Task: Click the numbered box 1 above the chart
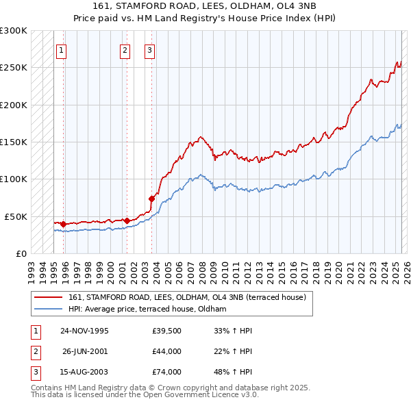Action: [62, 49]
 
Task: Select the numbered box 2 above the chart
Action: [125, 49]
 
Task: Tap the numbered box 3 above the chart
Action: [149, 49]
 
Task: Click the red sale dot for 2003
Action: [151, 199]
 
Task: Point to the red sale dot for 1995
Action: [63, 224]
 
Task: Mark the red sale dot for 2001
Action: [127, 220]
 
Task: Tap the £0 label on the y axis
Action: [21, 253]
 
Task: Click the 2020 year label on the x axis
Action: [336, 267]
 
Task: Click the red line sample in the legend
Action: [49, 297]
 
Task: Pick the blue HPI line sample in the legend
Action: [49, 310]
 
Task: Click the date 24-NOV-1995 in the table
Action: [84, 331]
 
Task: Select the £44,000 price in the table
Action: [167, 351]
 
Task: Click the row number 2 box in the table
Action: [34, 351]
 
